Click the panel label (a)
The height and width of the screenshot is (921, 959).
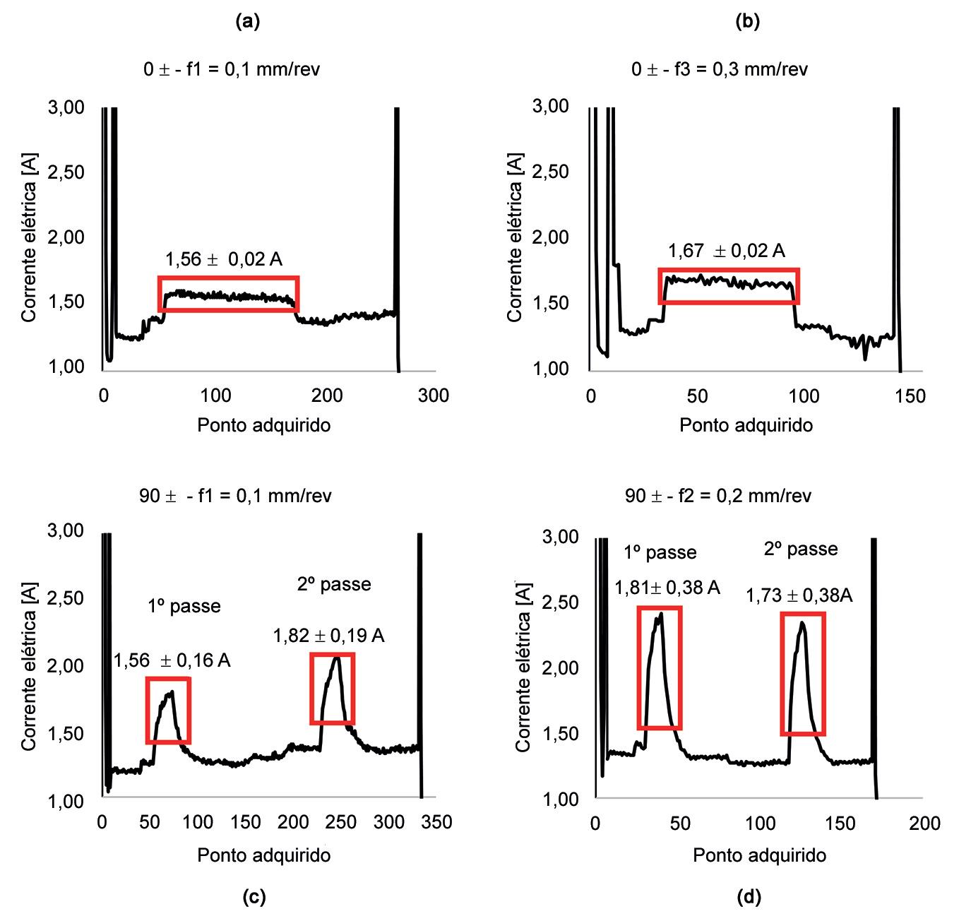[x=247, y=22]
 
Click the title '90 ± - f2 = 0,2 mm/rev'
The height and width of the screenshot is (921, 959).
[x=718, y=496]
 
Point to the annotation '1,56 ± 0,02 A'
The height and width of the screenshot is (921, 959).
[x=224, y=260]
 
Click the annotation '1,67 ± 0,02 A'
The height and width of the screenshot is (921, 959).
[x=727, y=251]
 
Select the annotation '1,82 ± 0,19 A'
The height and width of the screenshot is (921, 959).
[x=328, y=636]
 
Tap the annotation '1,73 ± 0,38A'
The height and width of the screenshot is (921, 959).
[x=799, y=596]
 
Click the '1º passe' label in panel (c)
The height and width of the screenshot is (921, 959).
[x=184, y=606]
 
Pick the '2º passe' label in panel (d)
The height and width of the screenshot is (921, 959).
[x=801, y=549]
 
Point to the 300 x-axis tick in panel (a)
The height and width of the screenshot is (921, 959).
[x=433, y=396]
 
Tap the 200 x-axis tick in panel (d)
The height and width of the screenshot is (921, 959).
[x=924, y=824]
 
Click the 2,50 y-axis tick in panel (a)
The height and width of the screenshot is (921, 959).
[x=66, y=172]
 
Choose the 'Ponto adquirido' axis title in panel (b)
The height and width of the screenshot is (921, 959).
[x=746, y=425]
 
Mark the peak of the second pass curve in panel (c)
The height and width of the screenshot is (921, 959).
[x=337, y=658]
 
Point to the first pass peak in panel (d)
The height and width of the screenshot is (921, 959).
[x=661, y=613]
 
